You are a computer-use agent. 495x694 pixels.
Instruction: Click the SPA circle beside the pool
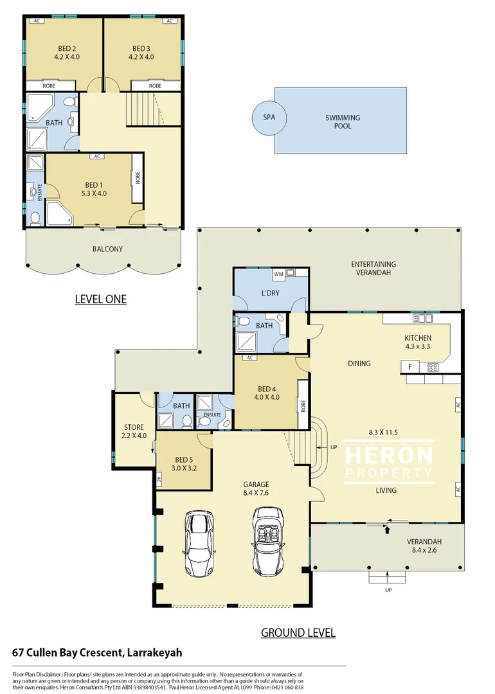tap(269, 118)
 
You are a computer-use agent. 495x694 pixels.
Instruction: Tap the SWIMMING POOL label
tap(342, 122)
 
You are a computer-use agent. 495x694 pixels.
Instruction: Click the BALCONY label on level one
tap(107, 249)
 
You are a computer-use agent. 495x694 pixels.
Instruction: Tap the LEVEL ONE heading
tap(100, 299)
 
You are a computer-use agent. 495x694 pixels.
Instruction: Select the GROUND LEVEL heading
tap(298, 632)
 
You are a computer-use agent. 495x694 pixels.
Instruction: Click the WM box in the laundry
tap(278, 274)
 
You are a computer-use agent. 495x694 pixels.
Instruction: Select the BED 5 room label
tap(184, 463)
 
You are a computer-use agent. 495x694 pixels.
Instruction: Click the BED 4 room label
tap(268, 393)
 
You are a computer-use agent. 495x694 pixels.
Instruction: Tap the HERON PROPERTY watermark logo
tap(389, 462)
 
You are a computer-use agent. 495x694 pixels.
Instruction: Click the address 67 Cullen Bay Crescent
tap(97, 652)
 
